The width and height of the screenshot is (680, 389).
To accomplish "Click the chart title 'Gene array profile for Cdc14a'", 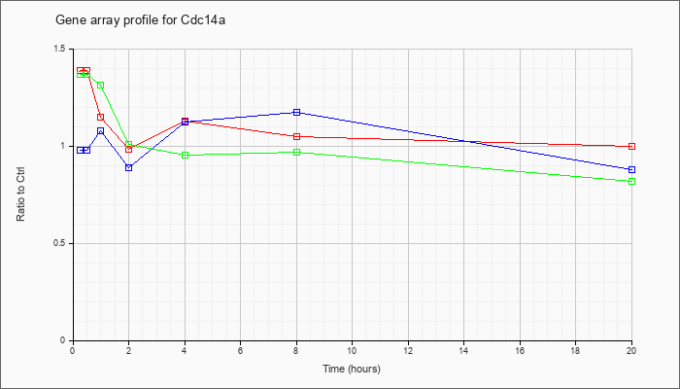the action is tap(140, 20).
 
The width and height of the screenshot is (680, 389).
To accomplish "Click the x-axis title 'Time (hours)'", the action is tap(352, 369).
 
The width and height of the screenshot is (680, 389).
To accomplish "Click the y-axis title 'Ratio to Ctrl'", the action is tap(20, 194).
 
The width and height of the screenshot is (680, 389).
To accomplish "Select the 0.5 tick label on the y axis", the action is tap(61, 243).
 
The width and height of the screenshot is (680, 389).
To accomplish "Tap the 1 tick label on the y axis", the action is tap(65, 146).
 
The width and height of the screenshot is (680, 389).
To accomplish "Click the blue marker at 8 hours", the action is tap(296, 113).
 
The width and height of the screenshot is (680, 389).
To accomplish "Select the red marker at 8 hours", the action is tap(296, 137).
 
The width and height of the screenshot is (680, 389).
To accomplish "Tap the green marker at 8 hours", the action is tap(296, 153).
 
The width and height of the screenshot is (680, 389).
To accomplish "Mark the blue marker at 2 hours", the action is tap(129, 167).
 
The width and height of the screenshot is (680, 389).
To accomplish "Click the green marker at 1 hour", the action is tap(101, 86).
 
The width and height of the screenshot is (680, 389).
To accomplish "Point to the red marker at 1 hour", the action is tap(101, 118).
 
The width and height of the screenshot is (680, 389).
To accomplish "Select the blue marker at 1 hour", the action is tap(101, 130).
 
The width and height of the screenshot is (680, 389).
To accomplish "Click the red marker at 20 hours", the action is tap(631, 146).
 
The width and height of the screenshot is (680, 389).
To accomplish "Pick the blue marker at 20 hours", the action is tap(631, 170).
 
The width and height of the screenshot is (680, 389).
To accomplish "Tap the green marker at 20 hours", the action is tap(631, 182).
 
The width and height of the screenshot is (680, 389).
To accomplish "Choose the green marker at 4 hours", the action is tap(186, 155).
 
